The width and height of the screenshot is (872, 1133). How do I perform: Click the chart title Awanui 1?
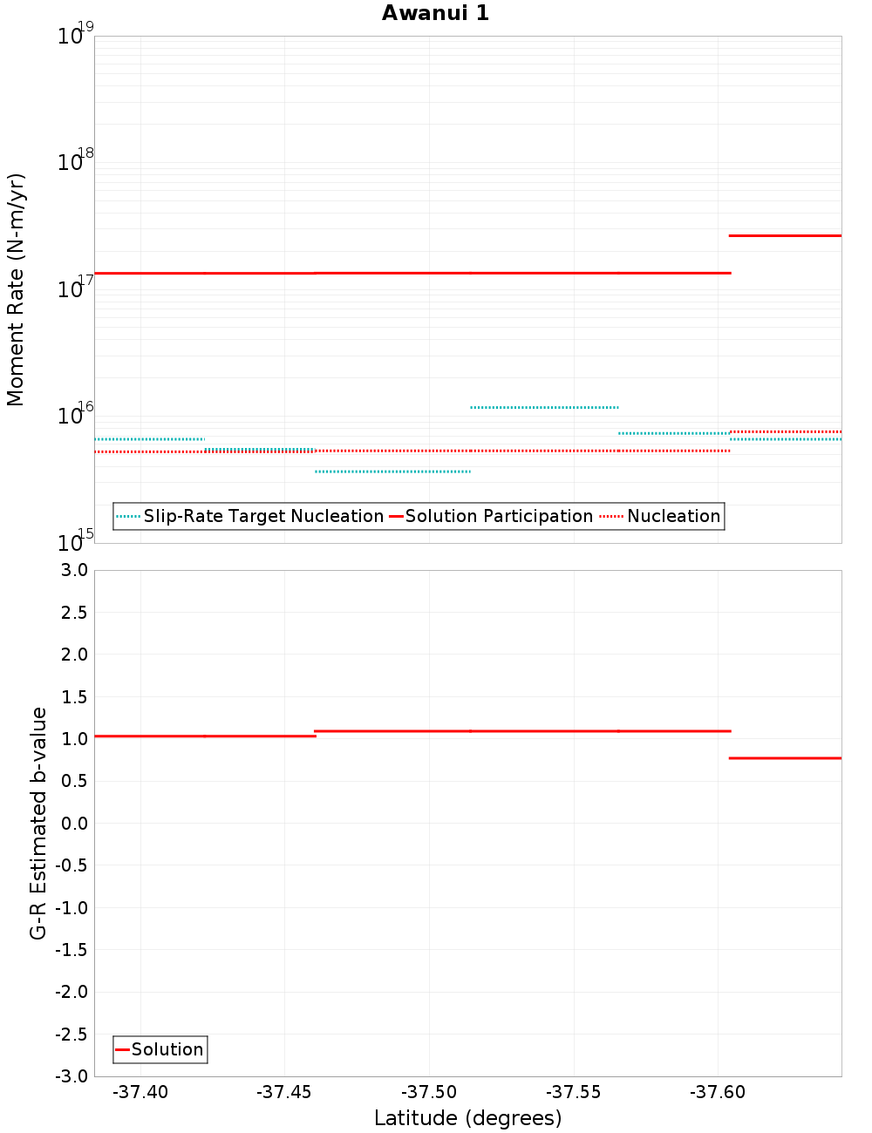435,13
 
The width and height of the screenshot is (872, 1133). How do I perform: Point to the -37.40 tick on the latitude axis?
140,1092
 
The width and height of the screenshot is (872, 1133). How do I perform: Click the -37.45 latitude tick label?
284,1092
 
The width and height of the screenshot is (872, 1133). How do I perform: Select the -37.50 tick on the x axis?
429,1092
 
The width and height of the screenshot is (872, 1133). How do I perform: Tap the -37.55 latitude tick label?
574,1092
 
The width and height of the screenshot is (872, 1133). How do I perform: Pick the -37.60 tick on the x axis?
718,1092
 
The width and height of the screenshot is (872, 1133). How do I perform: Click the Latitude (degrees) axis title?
467,1118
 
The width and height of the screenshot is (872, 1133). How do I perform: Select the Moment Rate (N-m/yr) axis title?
16,289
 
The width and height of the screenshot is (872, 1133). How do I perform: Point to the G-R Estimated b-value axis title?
38,823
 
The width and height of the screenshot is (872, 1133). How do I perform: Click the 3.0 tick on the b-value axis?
74,570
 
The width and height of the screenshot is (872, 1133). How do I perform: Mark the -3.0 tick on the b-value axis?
72,1076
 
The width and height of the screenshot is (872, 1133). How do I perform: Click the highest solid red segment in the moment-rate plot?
785,235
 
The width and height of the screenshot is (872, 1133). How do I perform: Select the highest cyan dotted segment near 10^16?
544,407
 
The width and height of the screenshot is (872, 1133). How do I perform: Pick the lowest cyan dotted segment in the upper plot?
392,472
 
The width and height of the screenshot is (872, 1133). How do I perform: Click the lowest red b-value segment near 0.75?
785,758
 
